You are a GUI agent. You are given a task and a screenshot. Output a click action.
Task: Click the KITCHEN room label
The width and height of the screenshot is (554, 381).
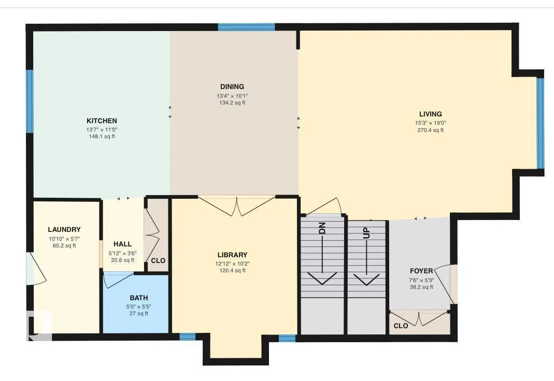point(102,121)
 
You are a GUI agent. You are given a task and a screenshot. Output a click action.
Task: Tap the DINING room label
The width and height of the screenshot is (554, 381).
point(232,87)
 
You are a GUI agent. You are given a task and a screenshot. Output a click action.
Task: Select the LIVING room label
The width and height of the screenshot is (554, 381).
point(430,114)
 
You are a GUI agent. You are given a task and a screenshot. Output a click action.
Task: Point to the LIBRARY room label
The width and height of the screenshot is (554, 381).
point(232,255)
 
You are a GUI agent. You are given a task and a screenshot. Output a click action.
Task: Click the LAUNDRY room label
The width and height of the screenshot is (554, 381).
point(64,230)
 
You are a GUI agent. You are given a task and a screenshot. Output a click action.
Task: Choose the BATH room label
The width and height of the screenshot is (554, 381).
point(138,298)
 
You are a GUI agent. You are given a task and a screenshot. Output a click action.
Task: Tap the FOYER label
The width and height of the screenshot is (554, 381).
point(421,271)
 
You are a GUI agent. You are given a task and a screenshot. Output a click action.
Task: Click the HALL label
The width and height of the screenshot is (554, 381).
point(123,244)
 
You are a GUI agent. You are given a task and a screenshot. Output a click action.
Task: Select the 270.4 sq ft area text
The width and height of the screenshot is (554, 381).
point(430,130)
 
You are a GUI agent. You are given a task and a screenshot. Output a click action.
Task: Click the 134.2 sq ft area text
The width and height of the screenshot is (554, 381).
point(232,103)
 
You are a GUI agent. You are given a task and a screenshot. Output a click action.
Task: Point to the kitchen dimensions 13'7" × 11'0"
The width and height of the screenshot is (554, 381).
point(102,130)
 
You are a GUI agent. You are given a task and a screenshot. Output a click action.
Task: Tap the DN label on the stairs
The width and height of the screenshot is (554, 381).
point(322,229)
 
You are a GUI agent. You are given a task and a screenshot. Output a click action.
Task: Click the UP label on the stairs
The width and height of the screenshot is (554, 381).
point(367,233)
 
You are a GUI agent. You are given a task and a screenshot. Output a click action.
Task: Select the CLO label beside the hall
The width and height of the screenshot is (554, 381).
point(158,261)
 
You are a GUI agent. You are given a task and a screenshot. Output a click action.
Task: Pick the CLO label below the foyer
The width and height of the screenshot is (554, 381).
point(401,326)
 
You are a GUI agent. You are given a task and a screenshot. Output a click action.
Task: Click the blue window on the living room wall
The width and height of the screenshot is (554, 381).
point(540,123)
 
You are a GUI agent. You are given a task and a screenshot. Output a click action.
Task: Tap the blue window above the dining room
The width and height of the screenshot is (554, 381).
point(246,27)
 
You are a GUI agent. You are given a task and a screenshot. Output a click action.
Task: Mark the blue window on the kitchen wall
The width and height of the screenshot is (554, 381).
point(30,101)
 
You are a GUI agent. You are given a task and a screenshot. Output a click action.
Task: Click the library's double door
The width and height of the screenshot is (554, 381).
point(236,206)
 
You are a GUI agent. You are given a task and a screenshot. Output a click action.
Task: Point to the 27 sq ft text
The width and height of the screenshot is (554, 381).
point(138,314)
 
